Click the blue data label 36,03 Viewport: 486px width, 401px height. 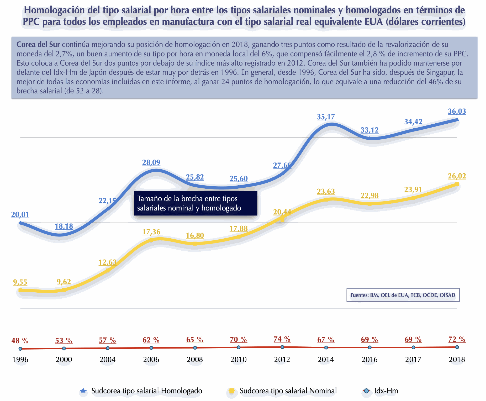(457, 112)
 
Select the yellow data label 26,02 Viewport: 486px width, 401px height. (457, 176)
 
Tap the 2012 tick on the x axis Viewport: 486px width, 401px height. (282, 360)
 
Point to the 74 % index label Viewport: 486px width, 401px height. (282, 339)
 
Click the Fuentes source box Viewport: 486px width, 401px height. (403, 295)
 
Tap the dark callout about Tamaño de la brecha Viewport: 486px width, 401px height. (196, 203)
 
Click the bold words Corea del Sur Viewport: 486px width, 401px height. (38, 45)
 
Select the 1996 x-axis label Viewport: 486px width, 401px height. (20, 360)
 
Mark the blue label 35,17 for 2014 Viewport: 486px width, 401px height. (326, 117)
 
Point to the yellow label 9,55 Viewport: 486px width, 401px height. (20, 282)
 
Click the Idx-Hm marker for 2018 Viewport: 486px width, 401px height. (457, 347)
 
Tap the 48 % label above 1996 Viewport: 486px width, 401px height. (20, 341)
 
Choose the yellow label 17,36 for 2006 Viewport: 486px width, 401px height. (151, 232)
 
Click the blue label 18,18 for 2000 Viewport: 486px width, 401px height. (64, 226)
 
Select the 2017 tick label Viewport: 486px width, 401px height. (413, 360)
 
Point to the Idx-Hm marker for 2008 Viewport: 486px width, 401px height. (195, 348)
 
